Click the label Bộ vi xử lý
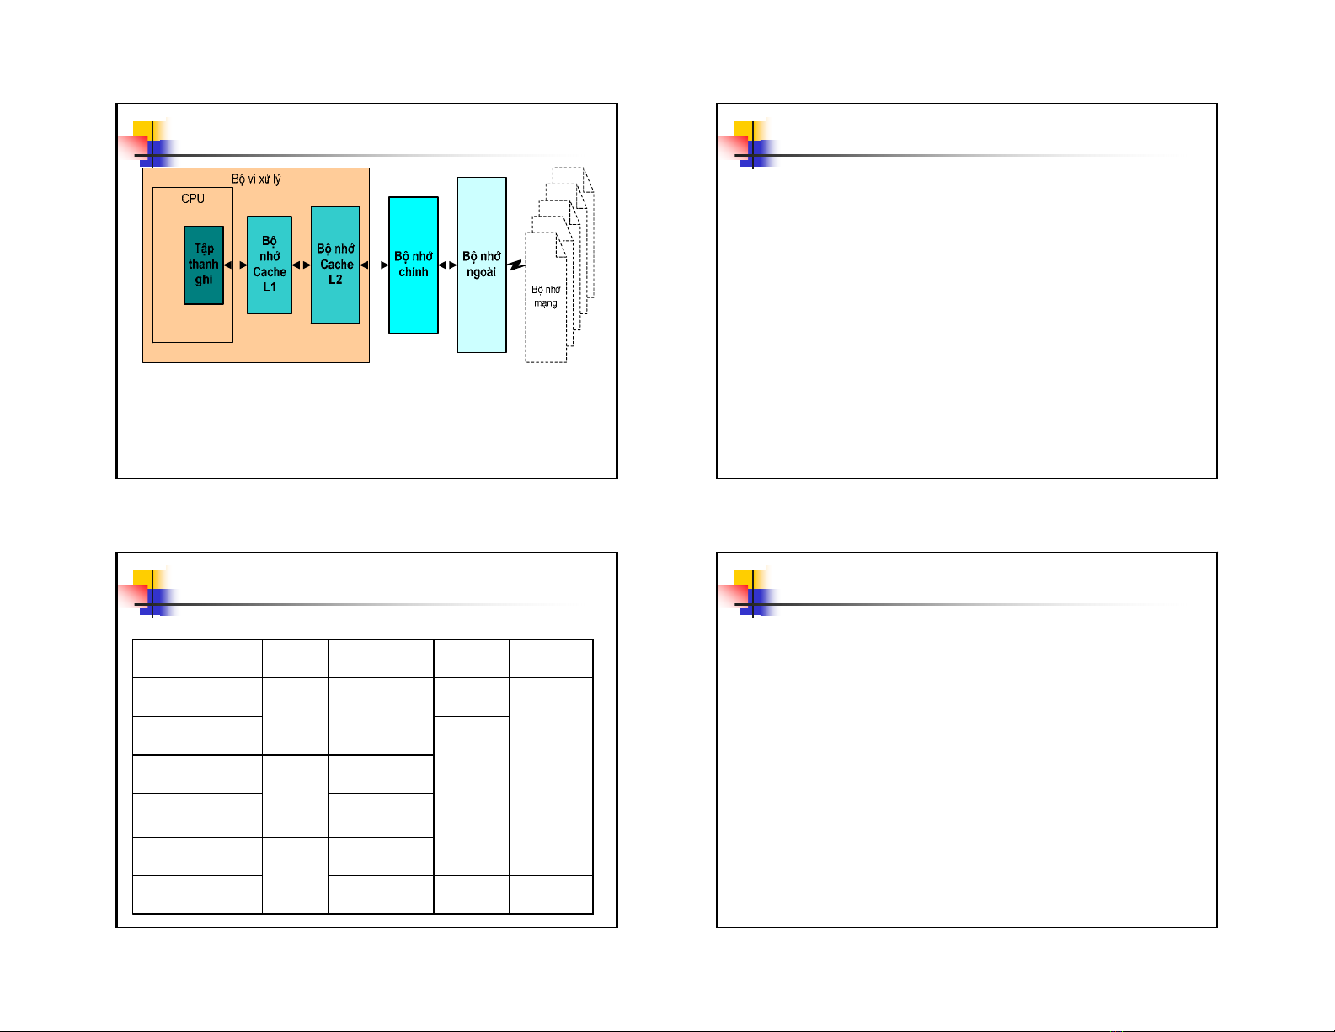255,179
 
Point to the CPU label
192,199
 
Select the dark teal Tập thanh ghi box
203,265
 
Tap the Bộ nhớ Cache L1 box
269,265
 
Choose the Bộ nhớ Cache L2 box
335,265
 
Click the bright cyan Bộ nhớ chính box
414,265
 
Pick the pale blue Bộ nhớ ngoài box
482,265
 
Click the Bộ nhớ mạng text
546,296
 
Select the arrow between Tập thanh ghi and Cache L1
235,265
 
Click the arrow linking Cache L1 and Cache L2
301,265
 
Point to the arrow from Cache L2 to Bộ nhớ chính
374,265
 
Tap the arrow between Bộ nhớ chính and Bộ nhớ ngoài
447,265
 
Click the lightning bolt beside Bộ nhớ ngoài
516,265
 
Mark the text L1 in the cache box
269,287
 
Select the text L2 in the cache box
335,280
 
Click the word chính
414,272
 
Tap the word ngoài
481,272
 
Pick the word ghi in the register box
203,280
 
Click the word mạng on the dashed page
546,302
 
